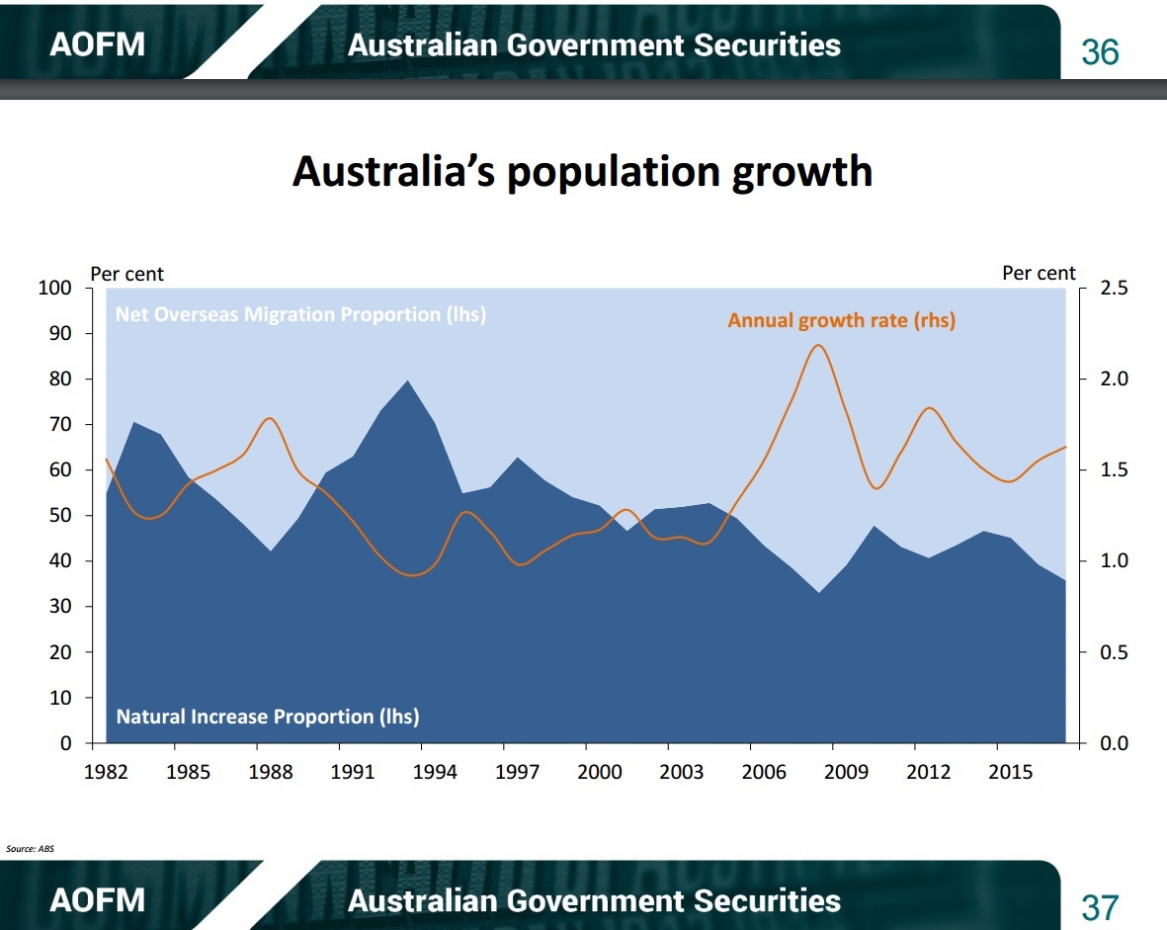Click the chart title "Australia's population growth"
[x=582, y=172]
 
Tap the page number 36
[x=1100, y=52]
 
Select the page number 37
[x=1100, y=907]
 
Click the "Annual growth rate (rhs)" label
[x=841, y=320]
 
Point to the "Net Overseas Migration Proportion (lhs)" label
[x=300, y=314]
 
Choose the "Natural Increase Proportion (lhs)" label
[x=268, y=717]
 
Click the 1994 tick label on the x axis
[x=436, y=772]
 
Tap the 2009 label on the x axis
[x=846, y=772]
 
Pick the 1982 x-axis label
[x=107, y=772]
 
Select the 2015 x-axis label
[x=1011, y=772]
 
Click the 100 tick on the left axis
[x=55, y=288]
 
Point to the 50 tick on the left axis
[x=60, y=515]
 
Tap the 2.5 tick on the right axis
[x=1115, y=288]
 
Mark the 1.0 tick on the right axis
[x=1115, y=560]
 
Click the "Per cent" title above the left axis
[x=126, y=274]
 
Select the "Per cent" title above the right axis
[x=1039, y=273]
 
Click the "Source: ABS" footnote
[x=30, y=848]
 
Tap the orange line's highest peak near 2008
[x=818, y=345]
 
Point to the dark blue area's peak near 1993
[x=407, y=381]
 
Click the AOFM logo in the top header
[x=98, y=44]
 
